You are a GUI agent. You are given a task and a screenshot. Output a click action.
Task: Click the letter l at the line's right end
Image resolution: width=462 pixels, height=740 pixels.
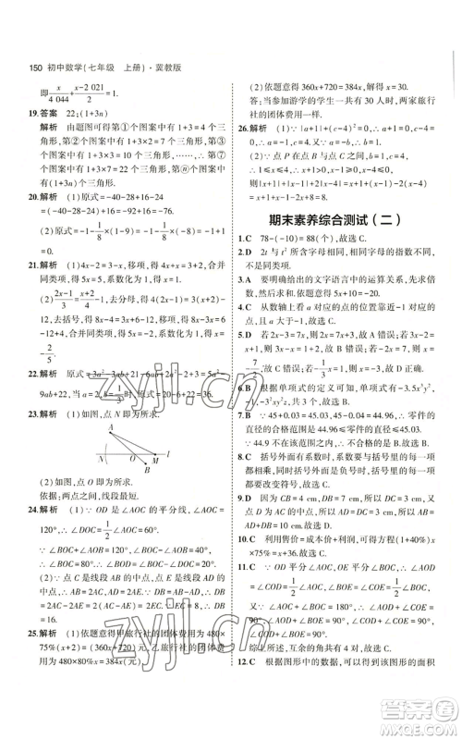coord(176,431)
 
